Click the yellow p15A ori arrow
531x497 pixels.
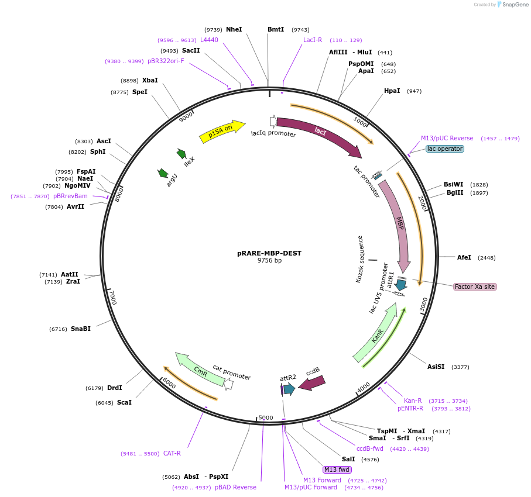coord(221,132)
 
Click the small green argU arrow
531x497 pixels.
coord(163,174)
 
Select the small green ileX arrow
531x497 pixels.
coord(181,154)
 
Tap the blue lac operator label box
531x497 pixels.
coord(444,149)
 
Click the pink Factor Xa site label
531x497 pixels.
coord(475,287)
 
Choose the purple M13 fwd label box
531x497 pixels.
coord(337,470)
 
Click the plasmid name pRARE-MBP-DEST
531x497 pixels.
coord(269,253)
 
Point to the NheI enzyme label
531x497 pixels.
coord(234,29)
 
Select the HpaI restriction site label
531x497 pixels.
coord(392,91)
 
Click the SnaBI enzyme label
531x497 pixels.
coord(81,329)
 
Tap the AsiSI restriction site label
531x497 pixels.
coord(436,367)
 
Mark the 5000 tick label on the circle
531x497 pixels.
coord(266,417)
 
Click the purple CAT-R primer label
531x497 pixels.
coord(172,453)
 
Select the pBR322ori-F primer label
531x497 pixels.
coord(166,61)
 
